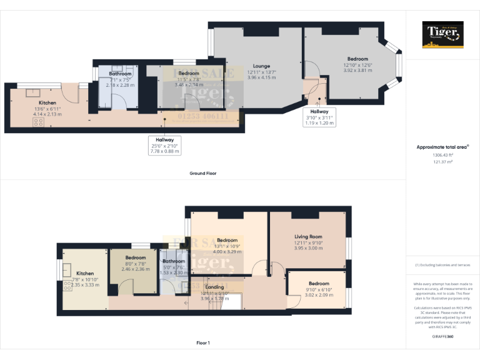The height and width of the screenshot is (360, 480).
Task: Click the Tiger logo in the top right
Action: click(442, 34)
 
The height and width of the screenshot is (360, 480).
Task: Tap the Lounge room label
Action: click(261, 66)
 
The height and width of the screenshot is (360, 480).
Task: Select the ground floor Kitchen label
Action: click(47, 102)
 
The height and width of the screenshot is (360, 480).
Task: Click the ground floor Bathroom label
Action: click(120, 74)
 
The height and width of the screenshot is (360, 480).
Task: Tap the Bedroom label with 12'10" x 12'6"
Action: click(357, 59)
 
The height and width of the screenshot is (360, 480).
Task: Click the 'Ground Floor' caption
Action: click(202, 173)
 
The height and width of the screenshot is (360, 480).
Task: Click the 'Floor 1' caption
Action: click(202, 342)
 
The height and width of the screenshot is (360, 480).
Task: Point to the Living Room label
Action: click(307, 237)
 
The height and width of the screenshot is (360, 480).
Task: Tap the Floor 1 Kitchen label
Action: click(85, 273)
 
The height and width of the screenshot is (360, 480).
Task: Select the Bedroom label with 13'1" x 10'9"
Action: click(227, 240)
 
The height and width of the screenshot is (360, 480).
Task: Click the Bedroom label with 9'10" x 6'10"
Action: click(318, 283)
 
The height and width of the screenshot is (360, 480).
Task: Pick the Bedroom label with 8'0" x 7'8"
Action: click(135, 257)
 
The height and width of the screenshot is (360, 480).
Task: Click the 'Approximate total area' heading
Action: click(442, 147)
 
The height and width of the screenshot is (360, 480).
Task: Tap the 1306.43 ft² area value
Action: click(442, 155)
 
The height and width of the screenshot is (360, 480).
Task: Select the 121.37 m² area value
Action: click(442, 161)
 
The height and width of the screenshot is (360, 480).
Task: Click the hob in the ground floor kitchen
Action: click(37, 123)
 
